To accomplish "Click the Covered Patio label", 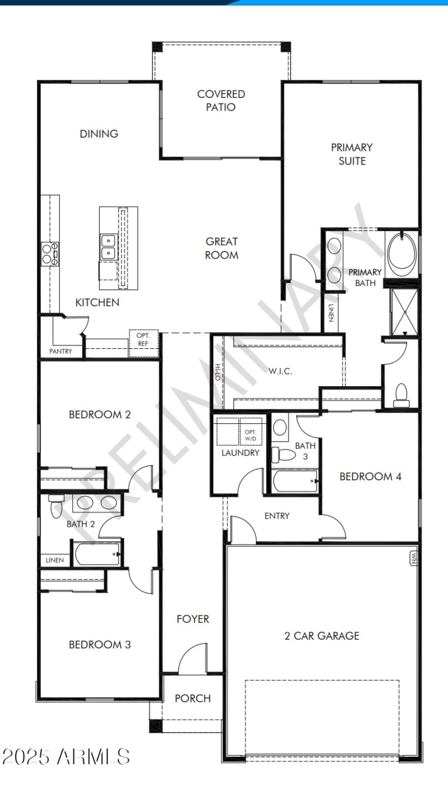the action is click(221, 100).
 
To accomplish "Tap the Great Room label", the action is click(222, 248).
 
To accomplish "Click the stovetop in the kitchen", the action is click(50, 254).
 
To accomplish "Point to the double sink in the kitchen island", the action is click(109, 247).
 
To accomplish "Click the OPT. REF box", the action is click(143, 344).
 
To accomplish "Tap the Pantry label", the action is click(60, 351).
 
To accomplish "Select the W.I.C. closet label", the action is click(280, 371).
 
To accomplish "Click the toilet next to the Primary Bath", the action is click(402, 396).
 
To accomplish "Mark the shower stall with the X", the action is click(404, 312).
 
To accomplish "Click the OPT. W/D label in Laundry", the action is click(250, 435).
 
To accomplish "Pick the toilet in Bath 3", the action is click(283, 454).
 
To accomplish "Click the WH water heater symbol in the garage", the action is click(414, 558).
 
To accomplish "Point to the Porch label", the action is click(193, 699).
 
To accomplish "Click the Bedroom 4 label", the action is click(370, 477).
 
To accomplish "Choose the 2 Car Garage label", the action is click(321, 636).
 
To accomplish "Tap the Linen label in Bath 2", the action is click(54, 560).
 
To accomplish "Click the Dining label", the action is click(99, 134).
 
